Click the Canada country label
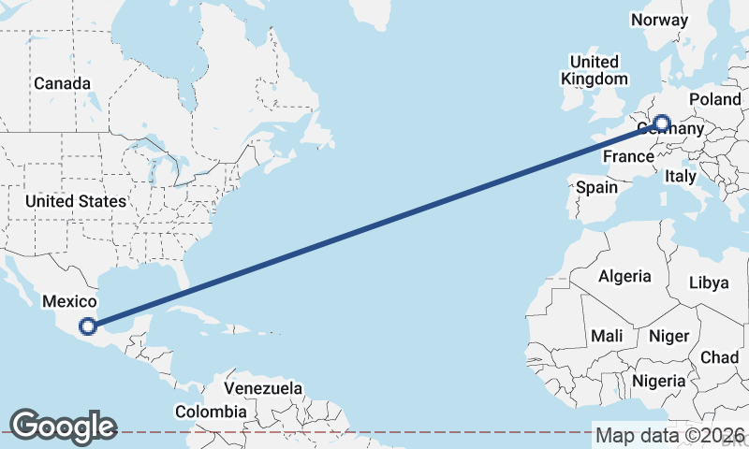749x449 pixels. (x=63, y=83)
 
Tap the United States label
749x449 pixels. (x=75, y=201)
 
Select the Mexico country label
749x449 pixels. (x=69, y=301)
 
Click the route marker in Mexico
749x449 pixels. (x=88, y=326)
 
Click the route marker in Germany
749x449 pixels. (x=662, y=123)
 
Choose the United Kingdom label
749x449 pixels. (x=594, y=70)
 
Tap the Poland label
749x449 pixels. (x=714, y=99)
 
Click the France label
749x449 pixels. (x=627, y=156)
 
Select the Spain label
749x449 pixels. (x=596, y=187)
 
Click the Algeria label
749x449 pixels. (x=624, y=276)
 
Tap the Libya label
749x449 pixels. (x=709, y=282)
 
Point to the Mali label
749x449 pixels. (x=607, y=336)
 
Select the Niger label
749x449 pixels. (x=668, y=336)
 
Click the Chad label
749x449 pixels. (x=719, y=356)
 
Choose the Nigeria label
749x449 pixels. (x=660, y=381)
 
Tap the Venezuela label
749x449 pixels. (x=263, y=387)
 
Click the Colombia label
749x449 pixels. (x=212, y=412)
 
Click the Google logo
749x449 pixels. (x=63, y=427)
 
